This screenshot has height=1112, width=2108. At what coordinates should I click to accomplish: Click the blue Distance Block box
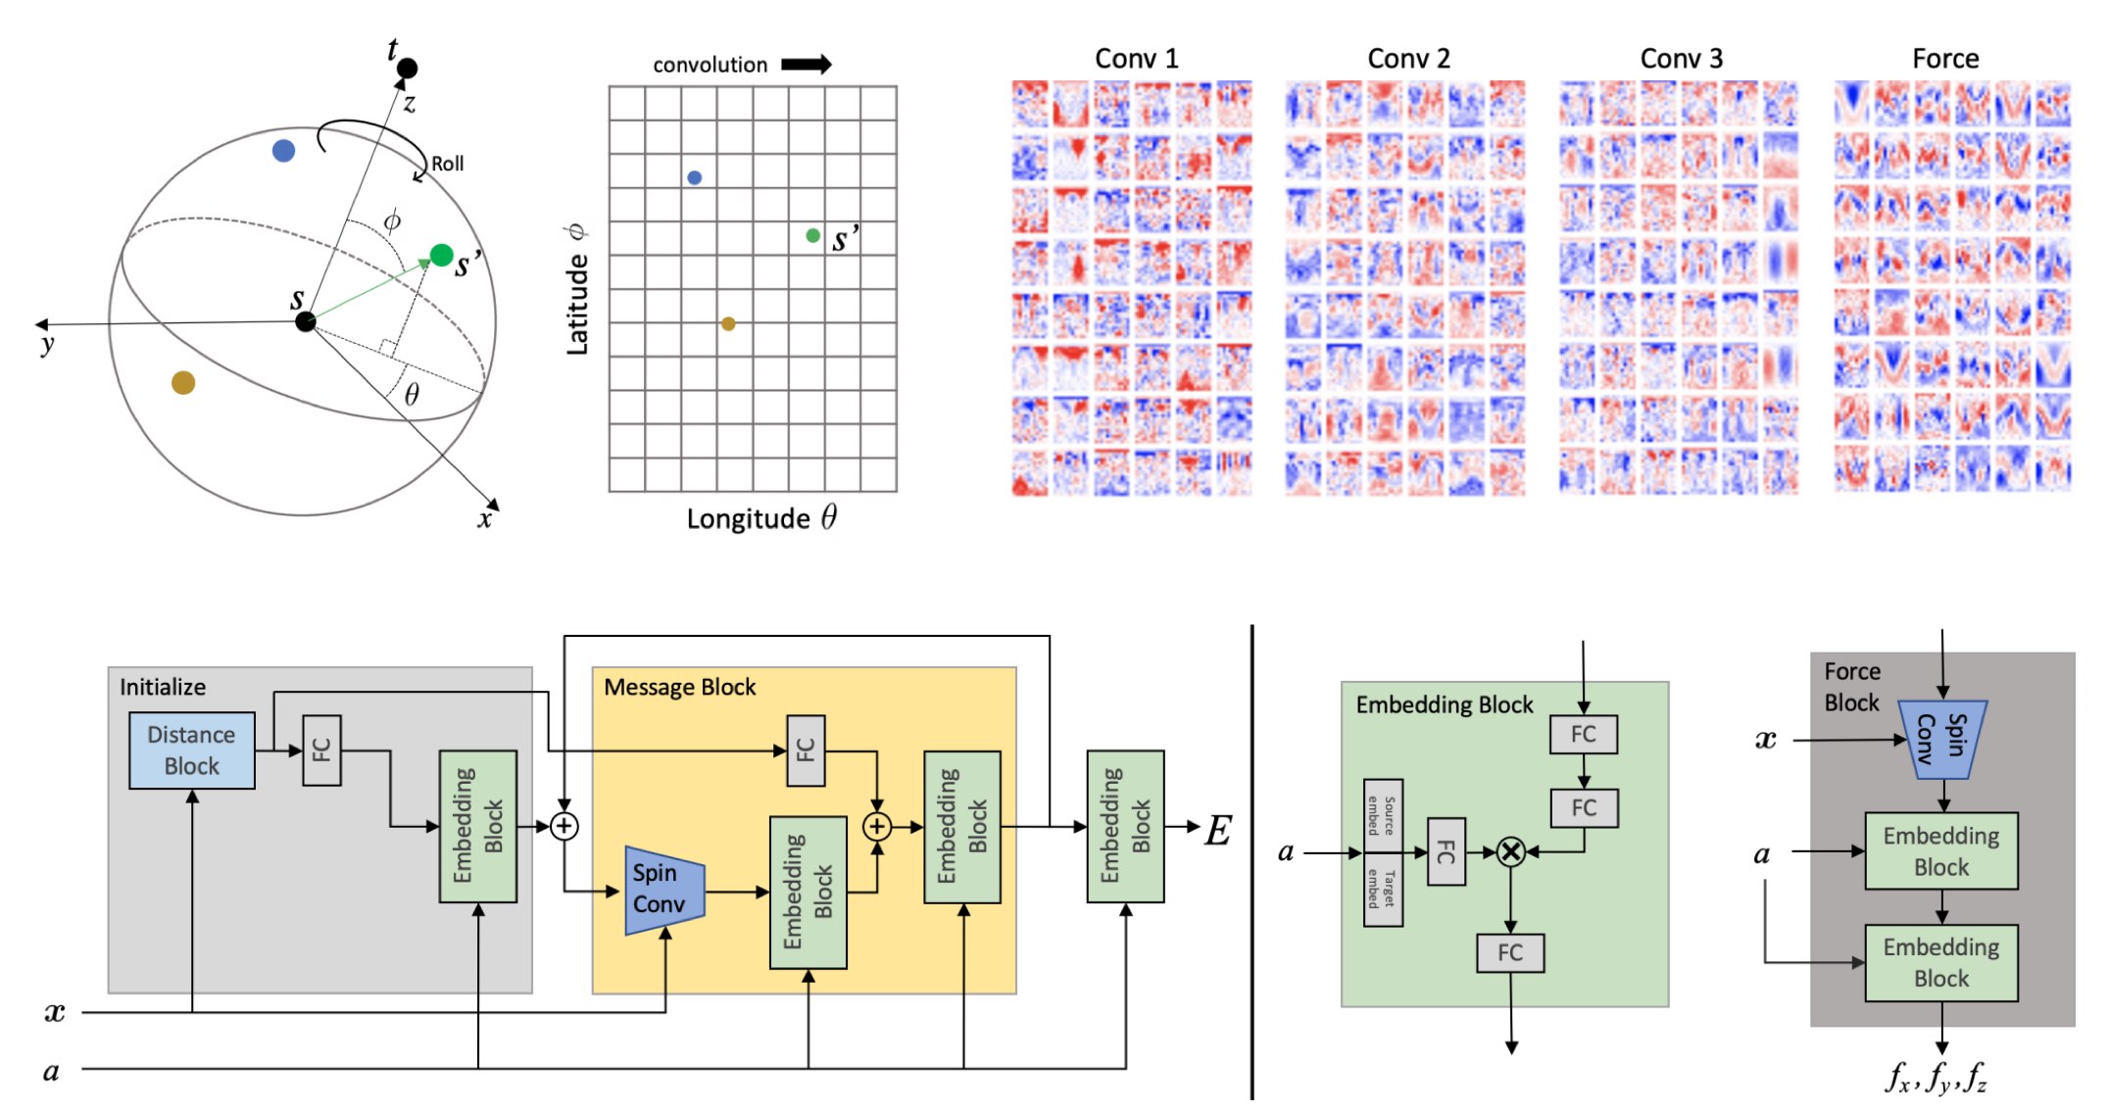tap(192, 750)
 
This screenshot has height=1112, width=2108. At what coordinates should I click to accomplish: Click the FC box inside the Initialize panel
tap(321, 750)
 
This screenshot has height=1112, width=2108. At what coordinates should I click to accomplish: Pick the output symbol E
tap(1218, 831)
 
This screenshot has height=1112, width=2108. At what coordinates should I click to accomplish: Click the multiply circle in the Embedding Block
tap(1511, 852)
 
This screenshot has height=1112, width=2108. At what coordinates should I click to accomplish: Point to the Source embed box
tap(1383, 815)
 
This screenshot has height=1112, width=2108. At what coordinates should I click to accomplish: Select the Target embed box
tap(1383, 890)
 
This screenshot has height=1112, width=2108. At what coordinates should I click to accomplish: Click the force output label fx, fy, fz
tap(1936, 1078)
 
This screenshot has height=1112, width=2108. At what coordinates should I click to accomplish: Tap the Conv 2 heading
tap(1408, 59)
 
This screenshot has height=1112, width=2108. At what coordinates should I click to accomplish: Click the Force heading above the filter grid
tap(1945, 59)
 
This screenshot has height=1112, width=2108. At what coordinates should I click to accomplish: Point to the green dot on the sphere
tap(442, 256)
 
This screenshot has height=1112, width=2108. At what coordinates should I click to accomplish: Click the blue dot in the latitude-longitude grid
tap(695, 178)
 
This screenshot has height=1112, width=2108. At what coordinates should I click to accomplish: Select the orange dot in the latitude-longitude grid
tap(728, 324)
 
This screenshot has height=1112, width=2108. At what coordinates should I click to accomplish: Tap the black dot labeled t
tap(408, 68)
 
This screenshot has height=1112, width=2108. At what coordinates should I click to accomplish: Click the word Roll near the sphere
tap(448, 164)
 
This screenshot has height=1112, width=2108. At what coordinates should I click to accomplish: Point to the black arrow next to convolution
tap(806, 65)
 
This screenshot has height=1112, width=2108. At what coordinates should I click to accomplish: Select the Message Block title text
tap(679, 688)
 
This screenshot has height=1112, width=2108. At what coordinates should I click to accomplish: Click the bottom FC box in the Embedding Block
tap(1510, 952)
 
